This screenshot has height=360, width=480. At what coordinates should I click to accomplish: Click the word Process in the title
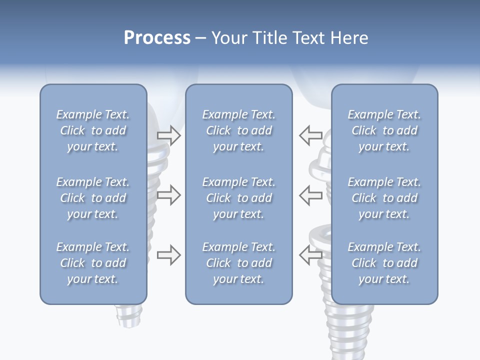click(x=157, y=38)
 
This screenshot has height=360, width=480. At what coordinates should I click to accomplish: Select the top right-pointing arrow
click(x=169, y=135)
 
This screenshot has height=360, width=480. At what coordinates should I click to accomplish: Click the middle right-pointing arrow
click(x=169, y=194)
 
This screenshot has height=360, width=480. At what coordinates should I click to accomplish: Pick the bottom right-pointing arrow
click(x=169, y=255)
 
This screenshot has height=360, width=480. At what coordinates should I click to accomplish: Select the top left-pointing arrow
click(x=310, y=135)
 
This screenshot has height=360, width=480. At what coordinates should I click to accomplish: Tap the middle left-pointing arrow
click(x=310, y=194)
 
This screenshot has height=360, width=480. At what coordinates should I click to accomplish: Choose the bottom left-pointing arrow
click(x=310, y=255)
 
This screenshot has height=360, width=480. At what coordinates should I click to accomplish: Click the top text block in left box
click(x=93, y=130)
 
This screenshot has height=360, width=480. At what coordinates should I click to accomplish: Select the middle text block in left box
click(x=93, y=198)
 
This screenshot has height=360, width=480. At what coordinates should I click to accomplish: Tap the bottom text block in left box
click(x=93, y=263)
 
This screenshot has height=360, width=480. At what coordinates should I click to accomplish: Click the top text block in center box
click(x=238, y=130)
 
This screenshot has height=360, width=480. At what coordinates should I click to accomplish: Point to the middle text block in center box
click(x=238, y=198)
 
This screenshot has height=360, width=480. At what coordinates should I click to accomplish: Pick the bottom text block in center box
click(x=238, y=263)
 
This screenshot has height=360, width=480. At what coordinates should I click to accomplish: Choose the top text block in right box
click(x=384, y=130)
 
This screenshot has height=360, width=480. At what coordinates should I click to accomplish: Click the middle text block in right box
click(x=384, y=198)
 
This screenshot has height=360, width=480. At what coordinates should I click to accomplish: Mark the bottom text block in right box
click(x=384, y=263)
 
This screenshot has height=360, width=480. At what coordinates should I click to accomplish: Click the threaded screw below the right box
click(x=347, y=330)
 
